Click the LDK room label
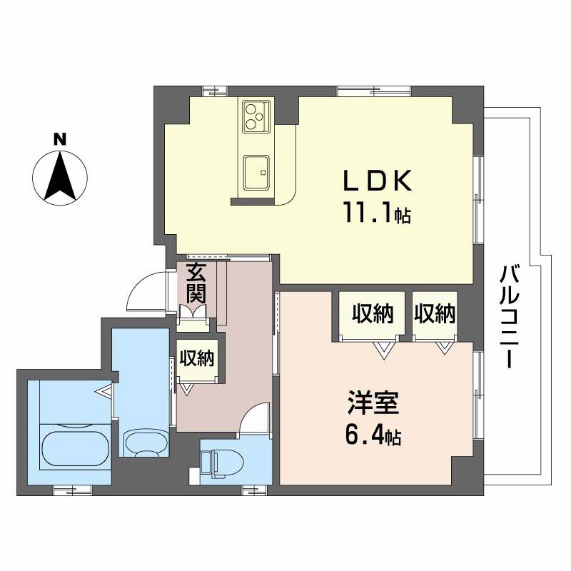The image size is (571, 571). pyautogui.click(x=378, y=183)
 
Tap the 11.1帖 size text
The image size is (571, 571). pyautogui.click(x=378, y=213)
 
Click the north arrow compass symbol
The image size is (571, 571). pyautogui.click(x=61, y=176)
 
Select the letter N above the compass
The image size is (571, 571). pyautogui.click(x=61, y=139)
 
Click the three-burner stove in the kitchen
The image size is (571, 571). pyautogui.click(x=256, y=116)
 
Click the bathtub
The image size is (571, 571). pyautogui.click(x=74, y=446)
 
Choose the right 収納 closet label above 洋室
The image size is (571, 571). pyautogui.click(x=434, y=314)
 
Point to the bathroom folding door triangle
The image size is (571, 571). pyautogui.click(x=105, y=392)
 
